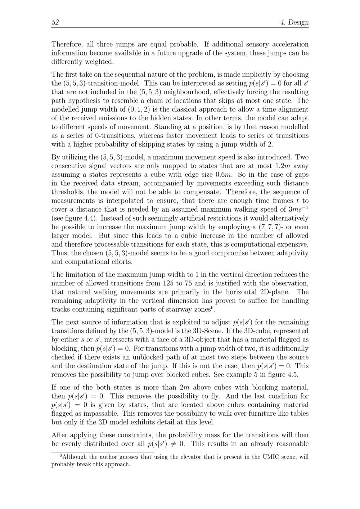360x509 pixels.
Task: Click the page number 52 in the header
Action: click(x=55, y=22)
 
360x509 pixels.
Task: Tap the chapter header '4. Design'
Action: click(x=294, y=22)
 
